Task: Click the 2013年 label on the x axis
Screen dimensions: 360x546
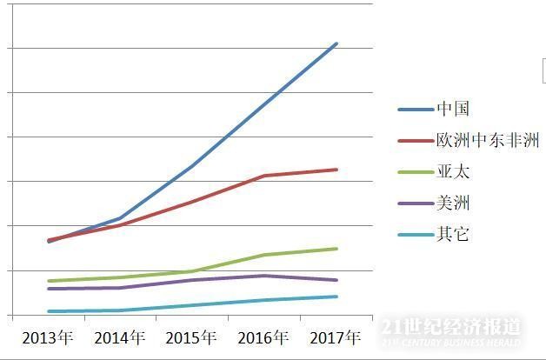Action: click(48, 337)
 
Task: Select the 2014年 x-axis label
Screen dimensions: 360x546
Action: click(120, 337)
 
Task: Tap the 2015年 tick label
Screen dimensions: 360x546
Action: click(191, 337)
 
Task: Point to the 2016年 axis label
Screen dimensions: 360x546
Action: click(263, 337)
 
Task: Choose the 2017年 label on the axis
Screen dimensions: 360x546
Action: click(335, 337)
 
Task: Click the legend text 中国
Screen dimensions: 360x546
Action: click(453, 110)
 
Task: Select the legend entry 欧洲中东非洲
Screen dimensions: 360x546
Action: click(488, 141)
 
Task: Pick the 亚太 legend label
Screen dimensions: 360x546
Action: click(453, 172)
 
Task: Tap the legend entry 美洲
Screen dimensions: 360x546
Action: click(453, 203)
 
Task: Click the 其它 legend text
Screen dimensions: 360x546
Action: click(453, 235)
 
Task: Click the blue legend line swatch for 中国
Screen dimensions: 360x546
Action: click(415, 110)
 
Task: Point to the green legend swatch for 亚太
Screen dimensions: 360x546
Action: click(415, 172)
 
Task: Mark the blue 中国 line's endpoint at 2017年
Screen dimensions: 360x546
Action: click(336, 43)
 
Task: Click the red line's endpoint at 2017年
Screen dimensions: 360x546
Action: click(336, 170)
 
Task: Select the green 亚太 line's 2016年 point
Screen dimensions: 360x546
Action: click(264, 255)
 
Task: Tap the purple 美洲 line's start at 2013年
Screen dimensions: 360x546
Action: click(49, 289)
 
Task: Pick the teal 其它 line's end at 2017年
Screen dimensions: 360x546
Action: click(336, 297)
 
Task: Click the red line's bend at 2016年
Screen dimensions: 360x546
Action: click(264, 176)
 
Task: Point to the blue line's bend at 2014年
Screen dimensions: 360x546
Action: click(121, 217)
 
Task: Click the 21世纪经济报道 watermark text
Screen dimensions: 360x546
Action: click(451, 327)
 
